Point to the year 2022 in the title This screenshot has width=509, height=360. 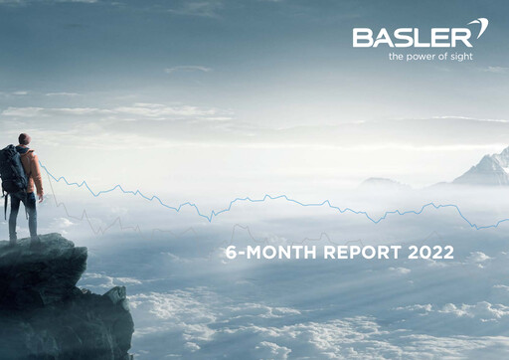(x=430, y=253)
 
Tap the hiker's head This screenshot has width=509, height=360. (x=24, y=140)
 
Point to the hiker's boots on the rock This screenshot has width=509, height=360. (x=22, y=239)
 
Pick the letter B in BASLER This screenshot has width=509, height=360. (x=361, y=39)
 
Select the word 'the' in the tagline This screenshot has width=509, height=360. (x=397, y=57)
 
